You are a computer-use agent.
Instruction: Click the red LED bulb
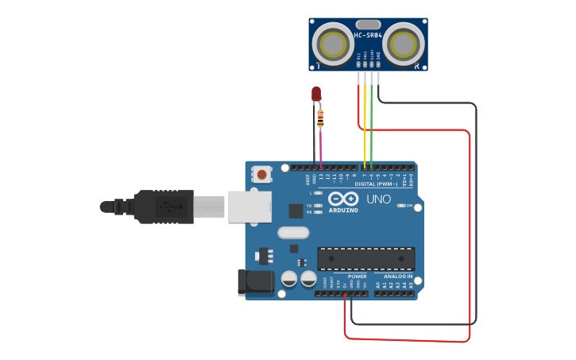(316, 94)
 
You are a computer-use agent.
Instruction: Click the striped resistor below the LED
(320, 119)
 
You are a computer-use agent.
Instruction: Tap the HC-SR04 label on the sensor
(369, 36)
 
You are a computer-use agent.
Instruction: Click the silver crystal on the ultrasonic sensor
(369, 25)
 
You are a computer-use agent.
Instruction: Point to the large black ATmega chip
(365, 258)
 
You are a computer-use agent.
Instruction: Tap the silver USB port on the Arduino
(249, 206)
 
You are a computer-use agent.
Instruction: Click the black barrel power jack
(256, 282)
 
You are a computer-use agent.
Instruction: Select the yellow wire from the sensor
(365, 127)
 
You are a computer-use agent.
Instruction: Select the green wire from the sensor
(371, 127)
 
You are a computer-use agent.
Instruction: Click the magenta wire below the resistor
(320, 147)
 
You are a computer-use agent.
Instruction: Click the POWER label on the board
(357, 276)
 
